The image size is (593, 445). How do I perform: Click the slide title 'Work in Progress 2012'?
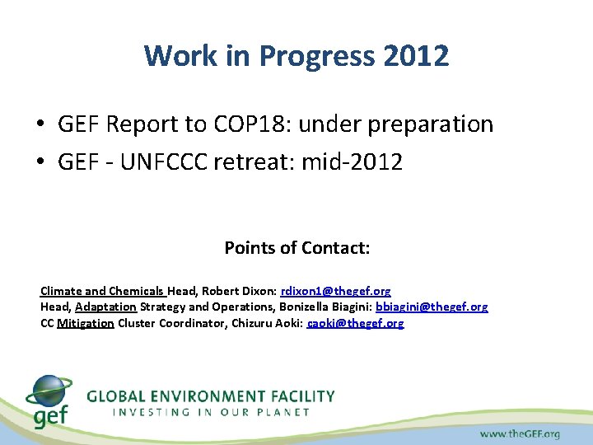point(296,56)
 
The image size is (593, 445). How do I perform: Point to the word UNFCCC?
point(168,162)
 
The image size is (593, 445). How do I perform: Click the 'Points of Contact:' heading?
point(296,248)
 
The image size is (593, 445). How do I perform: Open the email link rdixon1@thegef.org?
point(335,291)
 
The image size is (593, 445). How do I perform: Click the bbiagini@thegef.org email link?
point(432,307)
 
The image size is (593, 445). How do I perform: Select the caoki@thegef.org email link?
point(355,323)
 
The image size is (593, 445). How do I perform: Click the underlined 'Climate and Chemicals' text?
point(102,291)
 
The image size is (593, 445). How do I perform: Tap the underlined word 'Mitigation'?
point(86,323)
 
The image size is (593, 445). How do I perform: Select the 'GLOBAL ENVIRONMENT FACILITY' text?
point(211,396)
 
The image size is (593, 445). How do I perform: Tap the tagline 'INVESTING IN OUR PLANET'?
point(211,411)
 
